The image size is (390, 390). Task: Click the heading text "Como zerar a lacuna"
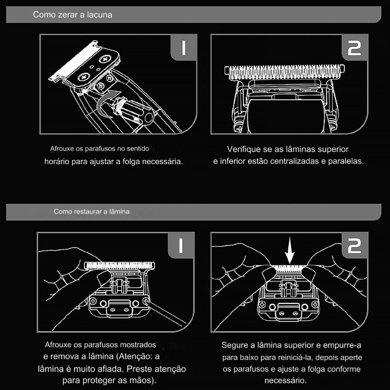coord(73,15)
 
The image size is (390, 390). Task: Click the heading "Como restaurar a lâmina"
coord(92,211)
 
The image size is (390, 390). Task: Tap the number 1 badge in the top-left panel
coord(184,48)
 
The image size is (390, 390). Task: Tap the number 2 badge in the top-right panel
coord(355,48)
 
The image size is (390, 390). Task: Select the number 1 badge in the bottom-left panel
coord(181,245)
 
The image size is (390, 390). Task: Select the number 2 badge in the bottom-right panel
coord(355,245)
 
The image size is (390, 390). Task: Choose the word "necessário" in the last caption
coord(285,380)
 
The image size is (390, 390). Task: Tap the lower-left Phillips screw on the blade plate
coord(84,77)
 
